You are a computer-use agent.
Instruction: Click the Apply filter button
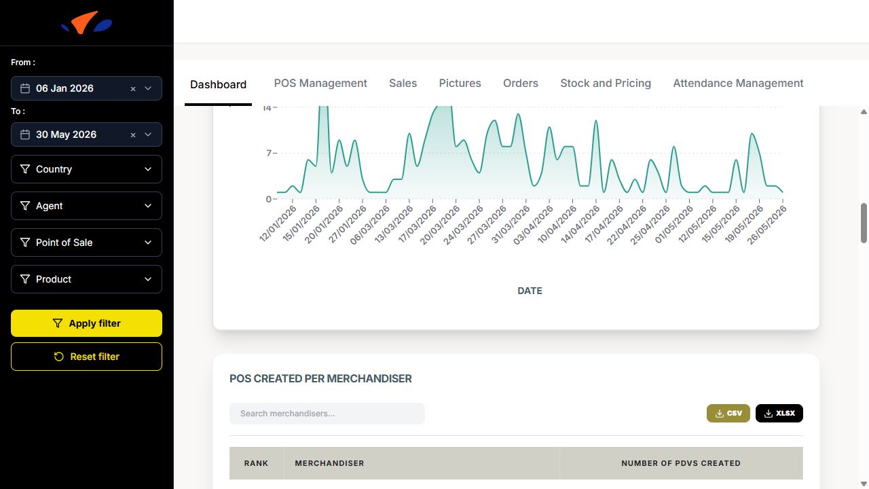pyautogui.click(x=86, y=323)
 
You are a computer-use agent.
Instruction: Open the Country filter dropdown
pyautogui.click(x=86, y=169)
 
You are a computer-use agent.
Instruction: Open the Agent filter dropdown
pyautogui.click(x=86, y=206)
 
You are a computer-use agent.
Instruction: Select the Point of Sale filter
pyautogui.click(x=86, y=242)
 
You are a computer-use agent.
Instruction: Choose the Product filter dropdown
pyautogui.click(x=86, y=279)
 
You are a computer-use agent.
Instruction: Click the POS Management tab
pyautogui.click(x=320, y=83)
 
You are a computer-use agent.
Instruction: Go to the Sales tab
pyautogui.click(x=403, y=83)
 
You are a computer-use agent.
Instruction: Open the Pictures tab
pyautogui.click(x=460, y=83)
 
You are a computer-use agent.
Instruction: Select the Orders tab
pyautogui.click(x=521, y=83)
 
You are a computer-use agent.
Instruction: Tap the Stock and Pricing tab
pyautogui.click(x=606, y=83)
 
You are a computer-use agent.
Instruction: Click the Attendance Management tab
pyautogui.click(x=738, y=83)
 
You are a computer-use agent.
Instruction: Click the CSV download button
pyautogui.click(x=728, y=414)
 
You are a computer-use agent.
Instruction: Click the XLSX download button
pyautogui.click(x=779, y=414)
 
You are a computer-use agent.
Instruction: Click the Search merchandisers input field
pyautogui.click(x=327, y=414)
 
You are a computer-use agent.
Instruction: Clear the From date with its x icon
pyautogui.click(x=133, y=89)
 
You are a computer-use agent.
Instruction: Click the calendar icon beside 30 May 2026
pyautogui.click(x=25, y=134)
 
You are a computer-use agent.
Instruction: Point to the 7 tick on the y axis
pyautogui.click(x=270, y=153)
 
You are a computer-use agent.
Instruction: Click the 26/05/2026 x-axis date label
pyautogui.click(x=766, y=225)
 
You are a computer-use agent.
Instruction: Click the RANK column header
pyautogui.click(x=256, y=463)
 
